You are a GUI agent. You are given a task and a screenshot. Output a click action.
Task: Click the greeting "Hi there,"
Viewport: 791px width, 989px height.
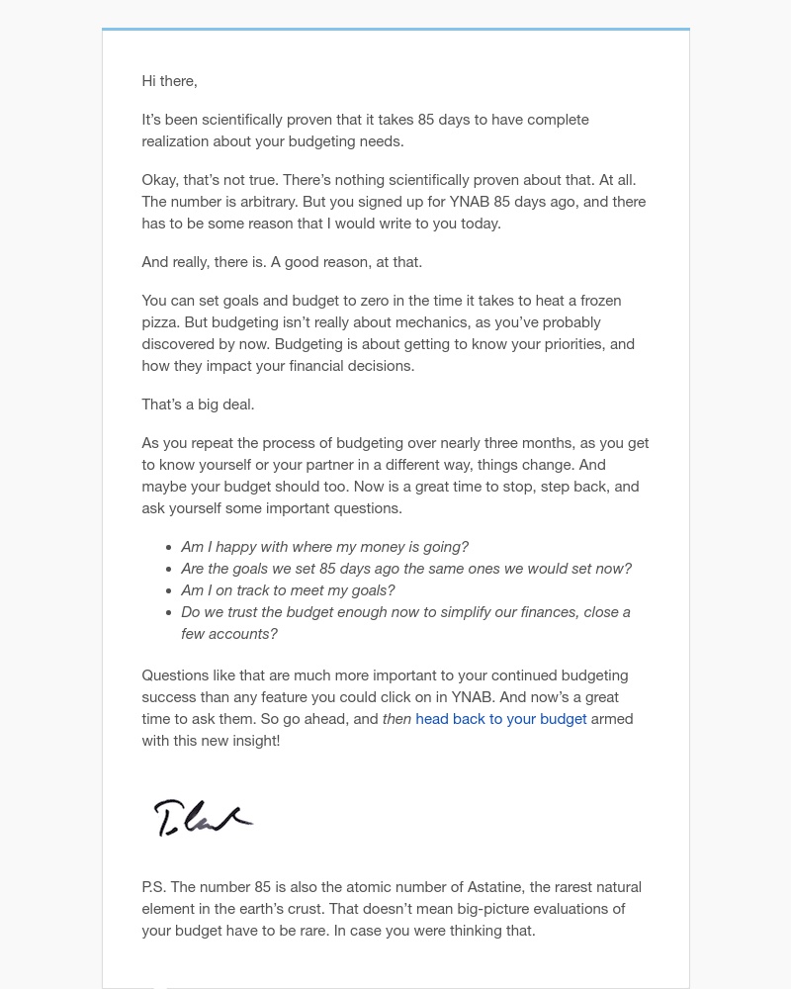(169, 81)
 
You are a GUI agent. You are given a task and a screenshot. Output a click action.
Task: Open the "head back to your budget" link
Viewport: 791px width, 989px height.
(500, 719)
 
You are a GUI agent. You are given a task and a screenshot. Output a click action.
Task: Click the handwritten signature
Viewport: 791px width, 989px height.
(203, 818)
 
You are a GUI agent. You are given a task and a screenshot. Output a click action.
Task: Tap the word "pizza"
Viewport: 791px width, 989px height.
(162, 322)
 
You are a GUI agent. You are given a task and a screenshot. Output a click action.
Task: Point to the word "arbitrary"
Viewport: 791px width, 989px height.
(261, 202)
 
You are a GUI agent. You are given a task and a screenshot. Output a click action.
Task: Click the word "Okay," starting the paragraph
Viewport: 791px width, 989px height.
(161, 180)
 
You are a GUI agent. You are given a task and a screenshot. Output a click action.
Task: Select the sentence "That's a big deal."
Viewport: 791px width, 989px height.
(198, 405)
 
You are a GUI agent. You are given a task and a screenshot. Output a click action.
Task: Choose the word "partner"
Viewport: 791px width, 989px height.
(369, 465)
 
